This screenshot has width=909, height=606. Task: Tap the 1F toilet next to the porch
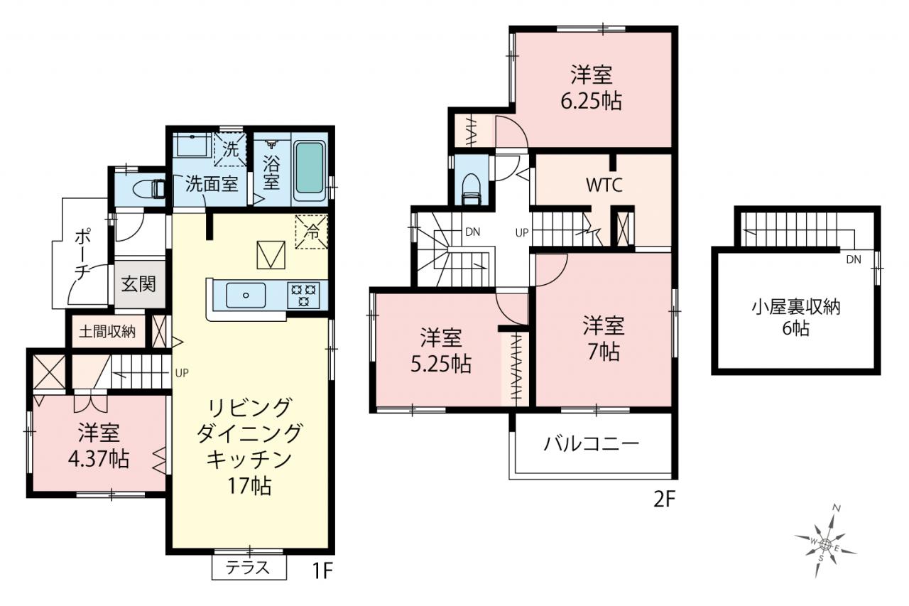pos(149,189)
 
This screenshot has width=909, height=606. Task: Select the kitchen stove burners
pos(303,295)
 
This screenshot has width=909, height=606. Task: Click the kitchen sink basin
pos(246,295)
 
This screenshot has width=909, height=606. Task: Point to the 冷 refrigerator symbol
pos(311,232)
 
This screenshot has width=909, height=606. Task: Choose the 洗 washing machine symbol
pos(230,149)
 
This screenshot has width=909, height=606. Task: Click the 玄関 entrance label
pos(138,283)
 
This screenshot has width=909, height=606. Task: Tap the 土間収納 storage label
pos(107,332)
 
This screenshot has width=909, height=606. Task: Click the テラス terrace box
pos(249,568)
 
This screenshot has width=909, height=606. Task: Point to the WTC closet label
pos(604,185)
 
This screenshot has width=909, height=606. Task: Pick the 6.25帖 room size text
pos(592,102)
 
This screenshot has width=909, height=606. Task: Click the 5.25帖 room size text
pos(441,364)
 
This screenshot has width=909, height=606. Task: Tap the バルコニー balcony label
pos(592,444)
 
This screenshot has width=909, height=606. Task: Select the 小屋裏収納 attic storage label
pos(796,307)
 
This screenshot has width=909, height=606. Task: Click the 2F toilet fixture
pos(471,189)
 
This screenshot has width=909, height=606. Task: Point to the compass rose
pos(825,543)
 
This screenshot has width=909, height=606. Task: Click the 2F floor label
pos(664,499)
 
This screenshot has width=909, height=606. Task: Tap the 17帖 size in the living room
pos(249,486)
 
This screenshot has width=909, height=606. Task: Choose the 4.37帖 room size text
pos(99,460)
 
